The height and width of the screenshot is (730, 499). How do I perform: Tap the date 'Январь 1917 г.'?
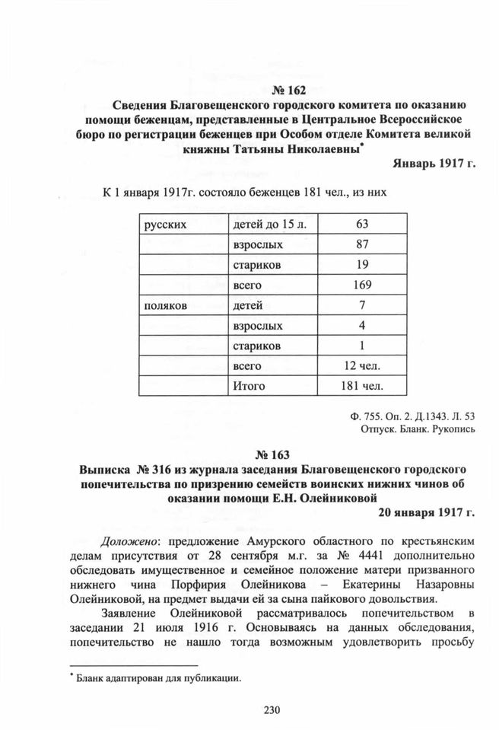pos(434,163)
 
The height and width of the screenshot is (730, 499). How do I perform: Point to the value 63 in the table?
pos(361,225)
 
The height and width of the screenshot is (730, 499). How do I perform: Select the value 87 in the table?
pos(361,245)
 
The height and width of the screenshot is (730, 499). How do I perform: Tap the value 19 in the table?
pos(361,265)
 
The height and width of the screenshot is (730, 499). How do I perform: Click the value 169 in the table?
pos(361,285)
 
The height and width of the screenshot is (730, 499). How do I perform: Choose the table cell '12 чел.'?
pos(361,366)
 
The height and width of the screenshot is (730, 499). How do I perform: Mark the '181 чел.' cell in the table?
pos(361,386)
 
